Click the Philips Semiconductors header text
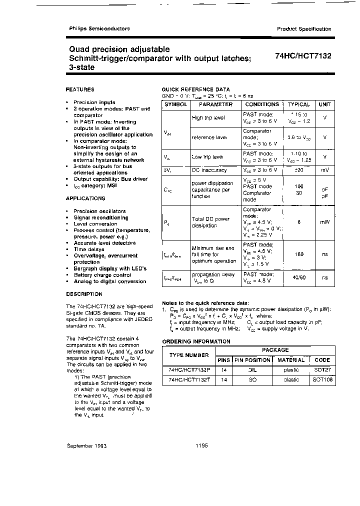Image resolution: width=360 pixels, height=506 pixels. tap(99, 28)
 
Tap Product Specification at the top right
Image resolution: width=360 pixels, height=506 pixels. tap(304, 29)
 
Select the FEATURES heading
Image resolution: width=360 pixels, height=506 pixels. tap(80, 89)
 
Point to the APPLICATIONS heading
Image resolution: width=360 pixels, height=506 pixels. tap(85, 198)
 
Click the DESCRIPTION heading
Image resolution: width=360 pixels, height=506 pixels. tap(84, 294)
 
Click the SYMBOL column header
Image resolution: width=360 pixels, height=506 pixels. tap(176, 104)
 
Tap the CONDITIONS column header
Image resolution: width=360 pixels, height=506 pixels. tap(262, 104)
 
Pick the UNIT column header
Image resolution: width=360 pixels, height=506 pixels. tap(325, 104)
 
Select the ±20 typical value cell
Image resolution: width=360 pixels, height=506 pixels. tap(299, 170)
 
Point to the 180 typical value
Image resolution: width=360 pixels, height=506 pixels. tap(299, 254)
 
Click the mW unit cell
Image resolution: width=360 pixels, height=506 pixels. tap(325, 221)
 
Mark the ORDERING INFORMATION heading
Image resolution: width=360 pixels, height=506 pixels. tap(196, 341)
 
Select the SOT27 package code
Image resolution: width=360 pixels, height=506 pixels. tap(322, 370)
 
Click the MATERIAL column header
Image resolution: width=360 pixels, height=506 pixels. tap(290, 360)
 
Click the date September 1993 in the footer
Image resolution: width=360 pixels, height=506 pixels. tap(86, 445)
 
